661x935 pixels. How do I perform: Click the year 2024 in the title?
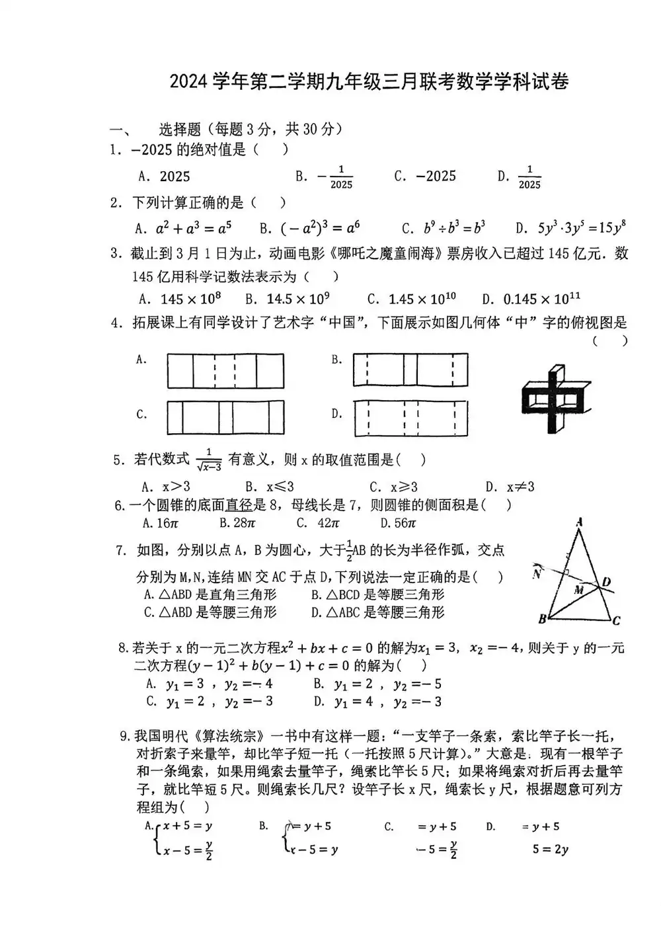click(x=188, y=82)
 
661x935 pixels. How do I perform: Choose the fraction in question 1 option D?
click(x=529, y=177)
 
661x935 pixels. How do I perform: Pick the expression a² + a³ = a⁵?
click(x=193, y=229)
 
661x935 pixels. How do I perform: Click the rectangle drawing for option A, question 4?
click(x=225, y=371)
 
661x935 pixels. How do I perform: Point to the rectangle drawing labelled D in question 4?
click(x=410, y=418)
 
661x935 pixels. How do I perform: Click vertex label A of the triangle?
click(x=580, y=522)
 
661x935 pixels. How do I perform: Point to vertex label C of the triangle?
click(x=616, y=620)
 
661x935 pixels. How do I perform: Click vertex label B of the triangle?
click(x=542, y=619)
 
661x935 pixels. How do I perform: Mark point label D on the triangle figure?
click(x=606, y=582)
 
